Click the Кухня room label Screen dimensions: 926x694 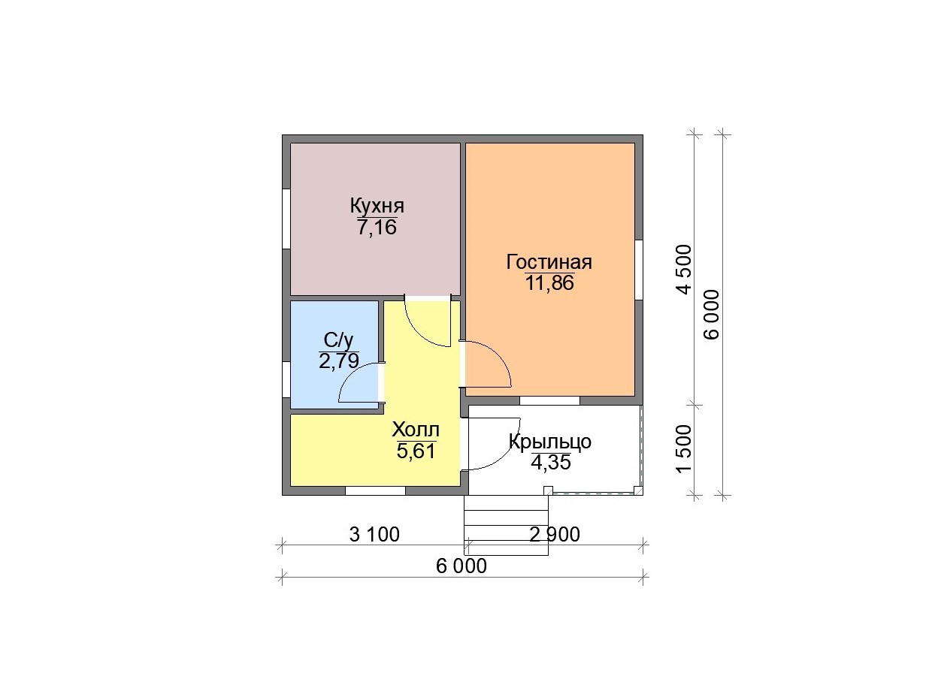377,207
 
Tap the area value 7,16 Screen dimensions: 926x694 377,227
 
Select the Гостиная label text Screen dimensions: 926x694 549,262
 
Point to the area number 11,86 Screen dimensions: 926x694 549,282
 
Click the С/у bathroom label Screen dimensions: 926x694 338,340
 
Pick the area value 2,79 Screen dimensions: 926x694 338,361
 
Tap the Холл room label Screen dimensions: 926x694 415,430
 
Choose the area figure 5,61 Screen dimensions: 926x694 416,451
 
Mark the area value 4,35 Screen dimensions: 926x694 550,462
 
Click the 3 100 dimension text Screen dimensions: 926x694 374,535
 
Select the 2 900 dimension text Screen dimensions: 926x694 555,535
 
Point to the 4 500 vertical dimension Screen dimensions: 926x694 684,269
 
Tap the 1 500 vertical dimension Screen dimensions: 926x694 684,448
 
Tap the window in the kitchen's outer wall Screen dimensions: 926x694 286,219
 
